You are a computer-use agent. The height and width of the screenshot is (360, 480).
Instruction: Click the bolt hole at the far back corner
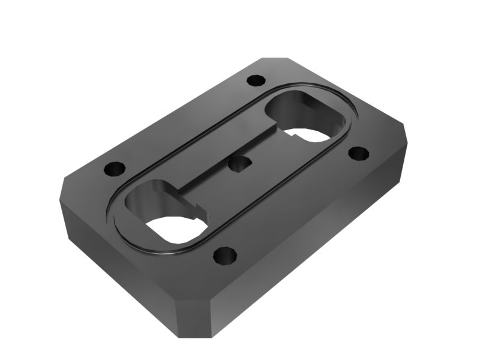pyautogui.click(x=256, y=79)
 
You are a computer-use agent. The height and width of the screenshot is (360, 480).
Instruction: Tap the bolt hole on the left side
pyautogui.click(x=112, y=169)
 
